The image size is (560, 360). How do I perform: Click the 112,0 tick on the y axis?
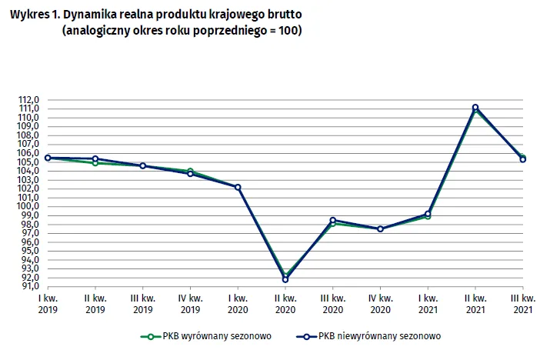point(28,100)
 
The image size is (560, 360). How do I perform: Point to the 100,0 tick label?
point(28,206)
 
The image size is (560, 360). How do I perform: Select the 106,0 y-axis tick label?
point(28,153)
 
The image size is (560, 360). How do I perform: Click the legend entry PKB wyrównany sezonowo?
point(205,336)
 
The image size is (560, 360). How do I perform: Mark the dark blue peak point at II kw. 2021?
point(475,108)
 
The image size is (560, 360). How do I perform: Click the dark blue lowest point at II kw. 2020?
point(285,279)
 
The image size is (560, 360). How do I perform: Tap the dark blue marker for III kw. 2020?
point(333,221)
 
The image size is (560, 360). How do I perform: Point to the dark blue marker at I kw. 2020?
point(238,187)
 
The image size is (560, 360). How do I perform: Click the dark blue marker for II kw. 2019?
point(95,158)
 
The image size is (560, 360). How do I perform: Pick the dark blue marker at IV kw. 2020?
point(380,228)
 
